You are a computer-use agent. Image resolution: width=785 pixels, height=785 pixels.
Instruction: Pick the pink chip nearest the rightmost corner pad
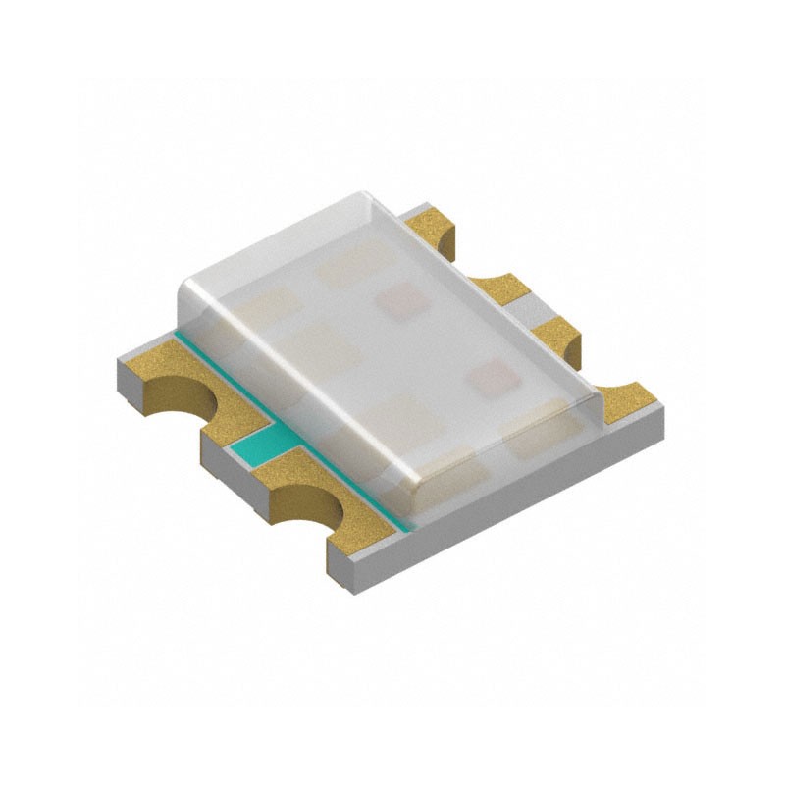click(494, 377)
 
